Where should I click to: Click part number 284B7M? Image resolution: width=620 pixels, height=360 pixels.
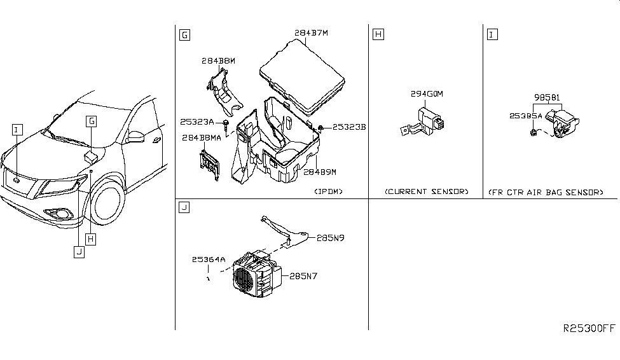click(x=311, y=33)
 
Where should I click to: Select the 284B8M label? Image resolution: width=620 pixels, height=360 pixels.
click(x=218, y=61)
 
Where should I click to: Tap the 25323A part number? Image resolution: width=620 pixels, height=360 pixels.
click(x=197, y=122)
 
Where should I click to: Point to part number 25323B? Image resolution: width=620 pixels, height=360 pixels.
click(x=349, y=127)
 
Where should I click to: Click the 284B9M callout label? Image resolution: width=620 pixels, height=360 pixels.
click(x=320, y=172)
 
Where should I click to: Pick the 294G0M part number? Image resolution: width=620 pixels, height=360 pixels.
click(x=427, y=94)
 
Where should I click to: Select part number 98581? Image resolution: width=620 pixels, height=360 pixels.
click(x=548, y=97)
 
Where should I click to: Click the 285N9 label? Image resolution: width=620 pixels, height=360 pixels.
click(x=331, y=238)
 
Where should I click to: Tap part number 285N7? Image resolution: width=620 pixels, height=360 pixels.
click(x=303, y=276)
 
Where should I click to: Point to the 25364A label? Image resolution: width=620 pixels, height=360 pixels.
click(x=209, y=260)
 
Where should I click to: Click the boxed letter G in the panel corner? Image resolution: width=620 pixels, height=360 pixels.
click(x=184, y=35)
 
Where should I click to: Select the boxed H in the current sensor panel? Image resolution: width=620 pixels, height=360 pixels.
click(x=378, y=34)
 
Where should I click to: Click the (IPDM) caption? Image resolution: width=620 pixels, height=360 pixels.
click(x=329, y=191)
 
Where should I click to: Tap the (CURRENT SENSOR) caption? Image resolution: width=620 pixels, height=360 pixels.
click(x=427, y=191)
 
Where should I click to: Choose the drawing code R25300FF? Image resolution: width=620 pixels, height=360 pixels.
click(x=589, y=328)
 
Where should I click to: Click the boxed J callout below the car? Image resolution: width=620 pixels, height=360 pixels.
click(x=79, y=252)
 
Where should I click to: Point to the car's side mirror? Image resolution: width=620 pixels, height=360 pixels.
click(x=135, y=137)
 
